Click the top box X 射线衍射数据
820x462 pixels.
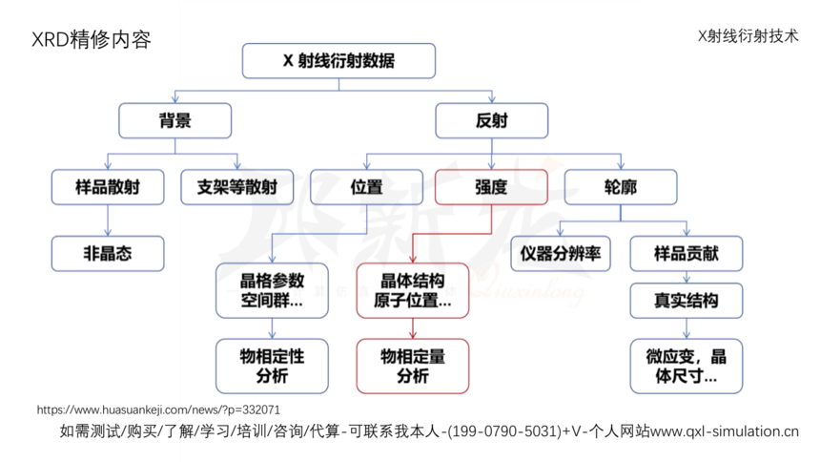[x=338, y=61]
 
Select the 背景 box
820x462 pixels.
[x=175, y=120]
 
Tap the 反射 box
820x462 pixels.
[x=492, y=120]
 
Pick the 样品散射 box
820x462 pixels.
[x=108, y=187]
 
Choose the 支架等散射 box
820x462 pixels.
[x=236, y=187]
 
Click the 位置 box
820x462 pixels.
[x=366, y=187]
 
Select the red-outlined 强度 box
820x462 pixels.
[x=492, y=187]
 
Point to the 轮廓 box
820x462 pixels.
[x=621, y=187]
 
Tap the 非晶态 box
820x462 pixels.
[x=108, y=254]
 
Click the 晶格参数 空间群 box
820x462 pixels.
[x=272, y=291]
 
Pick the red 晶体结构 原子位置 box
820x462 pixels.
[x=413, y=291]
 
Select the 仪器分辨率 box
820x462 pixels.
[x=561, y=254]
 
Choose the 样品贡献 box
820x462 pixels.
[x=687, y=254]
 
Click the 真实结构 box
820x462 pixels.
[x=687, y=301]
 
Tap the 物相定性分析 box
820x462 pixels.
[x=272, y=367]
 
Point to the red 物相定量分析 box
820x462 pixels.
[x=413, y=367]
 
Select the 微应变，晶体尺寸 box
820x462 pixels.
[x=687, y=367]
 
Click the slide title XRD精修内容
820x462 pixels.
[x=92, y=40]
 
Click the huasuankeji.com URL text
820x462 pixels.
[x=158, y=409]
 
